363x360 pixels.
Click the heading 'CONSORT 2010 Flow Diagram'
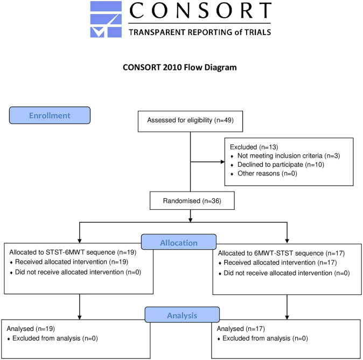(181, 68)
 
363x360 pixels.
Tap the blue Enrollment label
(50, 116)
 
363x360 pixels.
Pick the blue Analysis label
(181, 314)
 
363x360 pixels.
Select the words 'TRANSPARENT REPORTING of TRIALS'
(199, 32)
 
